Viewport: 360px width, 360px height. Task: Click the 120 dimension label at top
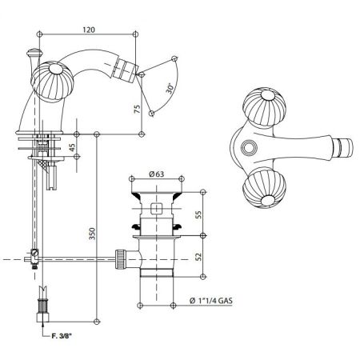[x=90, y=30]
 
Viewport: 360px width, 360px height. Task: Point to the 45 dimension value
[x=74, y=146]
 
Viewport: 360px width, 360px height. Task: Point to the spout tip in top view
[x=346, y=149]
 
